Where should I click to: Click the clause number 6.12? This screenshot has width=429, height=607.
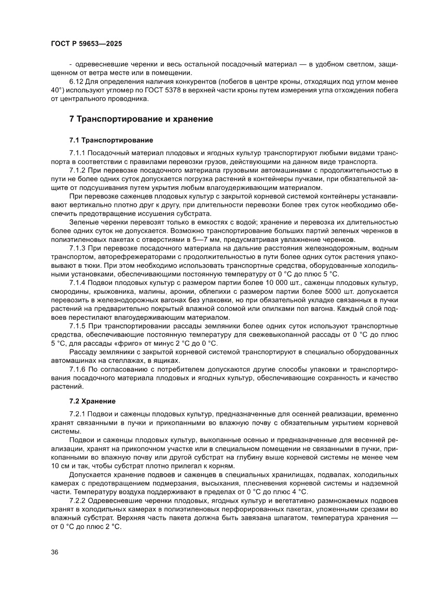click(x=77, y=82)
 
